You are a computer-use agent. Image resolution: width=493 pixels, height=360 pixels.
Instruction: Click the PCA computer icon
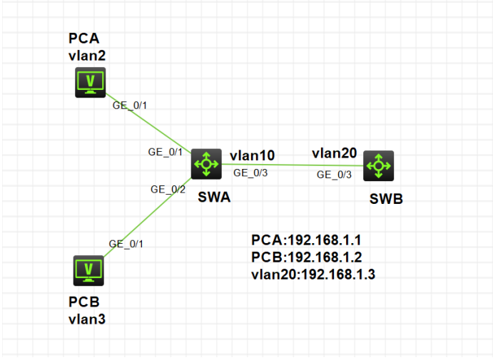[91, 83]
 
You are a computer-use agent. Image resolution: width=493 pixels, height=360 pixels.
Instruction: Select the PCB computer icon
[89, 270]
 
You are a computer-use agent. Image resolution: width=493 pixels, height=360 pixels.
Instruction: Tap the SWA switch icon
[207, 165]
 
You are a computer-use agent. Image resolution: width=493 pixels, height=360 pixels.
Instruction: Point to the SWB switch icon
[377, 166]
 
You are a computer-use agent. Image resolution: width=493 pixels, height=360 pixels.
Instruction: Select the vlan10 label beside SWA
[252, 155]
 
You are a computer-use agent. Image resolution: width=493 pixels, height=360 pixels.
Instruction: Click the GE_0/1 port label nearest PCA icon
[130, 106]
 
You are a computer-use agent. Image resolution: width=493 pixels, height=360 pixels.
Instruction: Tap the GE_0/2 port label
[168, 189]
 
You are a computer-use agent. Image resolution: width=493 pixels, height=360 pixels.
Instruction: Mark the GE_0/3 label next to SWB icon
[334, 175]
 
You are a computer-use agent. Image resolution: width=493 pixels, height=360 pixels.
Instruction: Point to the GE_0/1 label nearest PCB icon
[126, 243]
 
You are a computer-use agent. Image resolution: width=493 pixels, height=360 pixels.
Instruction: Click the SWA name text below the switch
[213, 198]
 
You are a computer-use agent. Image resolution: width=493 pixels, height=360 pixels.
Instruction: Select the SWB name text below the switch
[386, 199]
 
